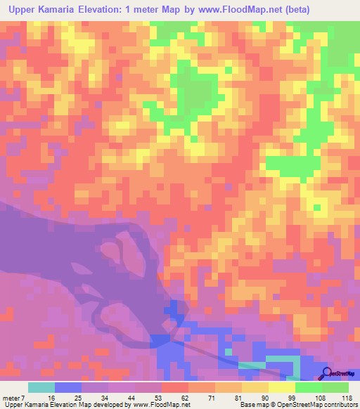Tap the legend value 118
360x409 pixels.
[346, 397]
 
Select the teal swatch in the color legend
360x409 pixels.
[41, 387]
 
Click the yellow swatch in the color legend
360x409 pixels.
[282, 387]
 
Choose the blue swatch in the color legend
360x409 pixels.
[68, 387]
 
